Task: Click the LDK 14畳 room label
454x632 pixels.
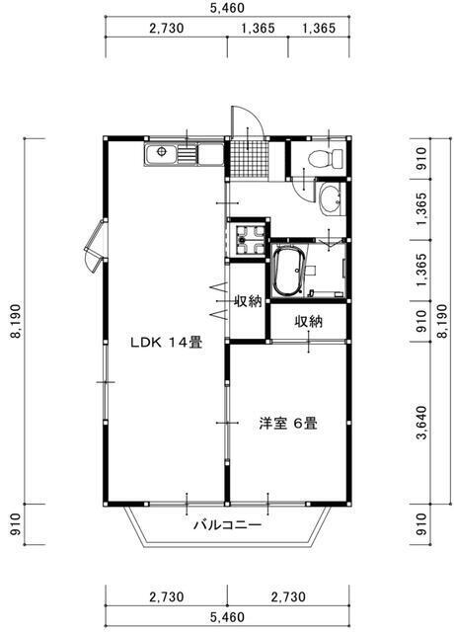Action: [166, 343]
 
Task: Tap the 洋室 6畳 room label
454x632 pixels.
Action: [288, 424]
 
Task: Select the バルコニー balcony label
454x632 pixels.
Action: [228, 524]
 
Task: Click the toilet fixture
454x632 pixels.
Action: [326, 158]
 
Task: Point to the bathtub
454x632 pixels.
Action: [288, 272]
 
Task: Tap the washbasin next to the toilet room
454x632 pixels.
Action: [331, 198]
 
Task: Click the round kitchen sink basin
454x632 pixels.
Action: [162, 151]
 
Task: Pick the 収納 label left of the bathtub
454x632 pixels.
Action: [248, 300]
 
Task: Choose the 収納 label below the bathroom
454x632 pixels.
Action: [309, 321]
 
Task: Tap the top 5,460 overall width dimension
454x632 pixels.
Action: [228, 8]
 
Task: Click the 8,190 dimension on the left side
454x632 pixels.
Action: [17, 321]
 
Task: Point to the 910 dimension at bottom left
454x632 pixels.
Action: [16, 524]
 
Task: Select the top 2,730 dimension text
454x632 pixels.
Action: [167, 28]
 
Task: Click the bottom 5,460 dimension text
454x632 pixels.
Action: [228, 617]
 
